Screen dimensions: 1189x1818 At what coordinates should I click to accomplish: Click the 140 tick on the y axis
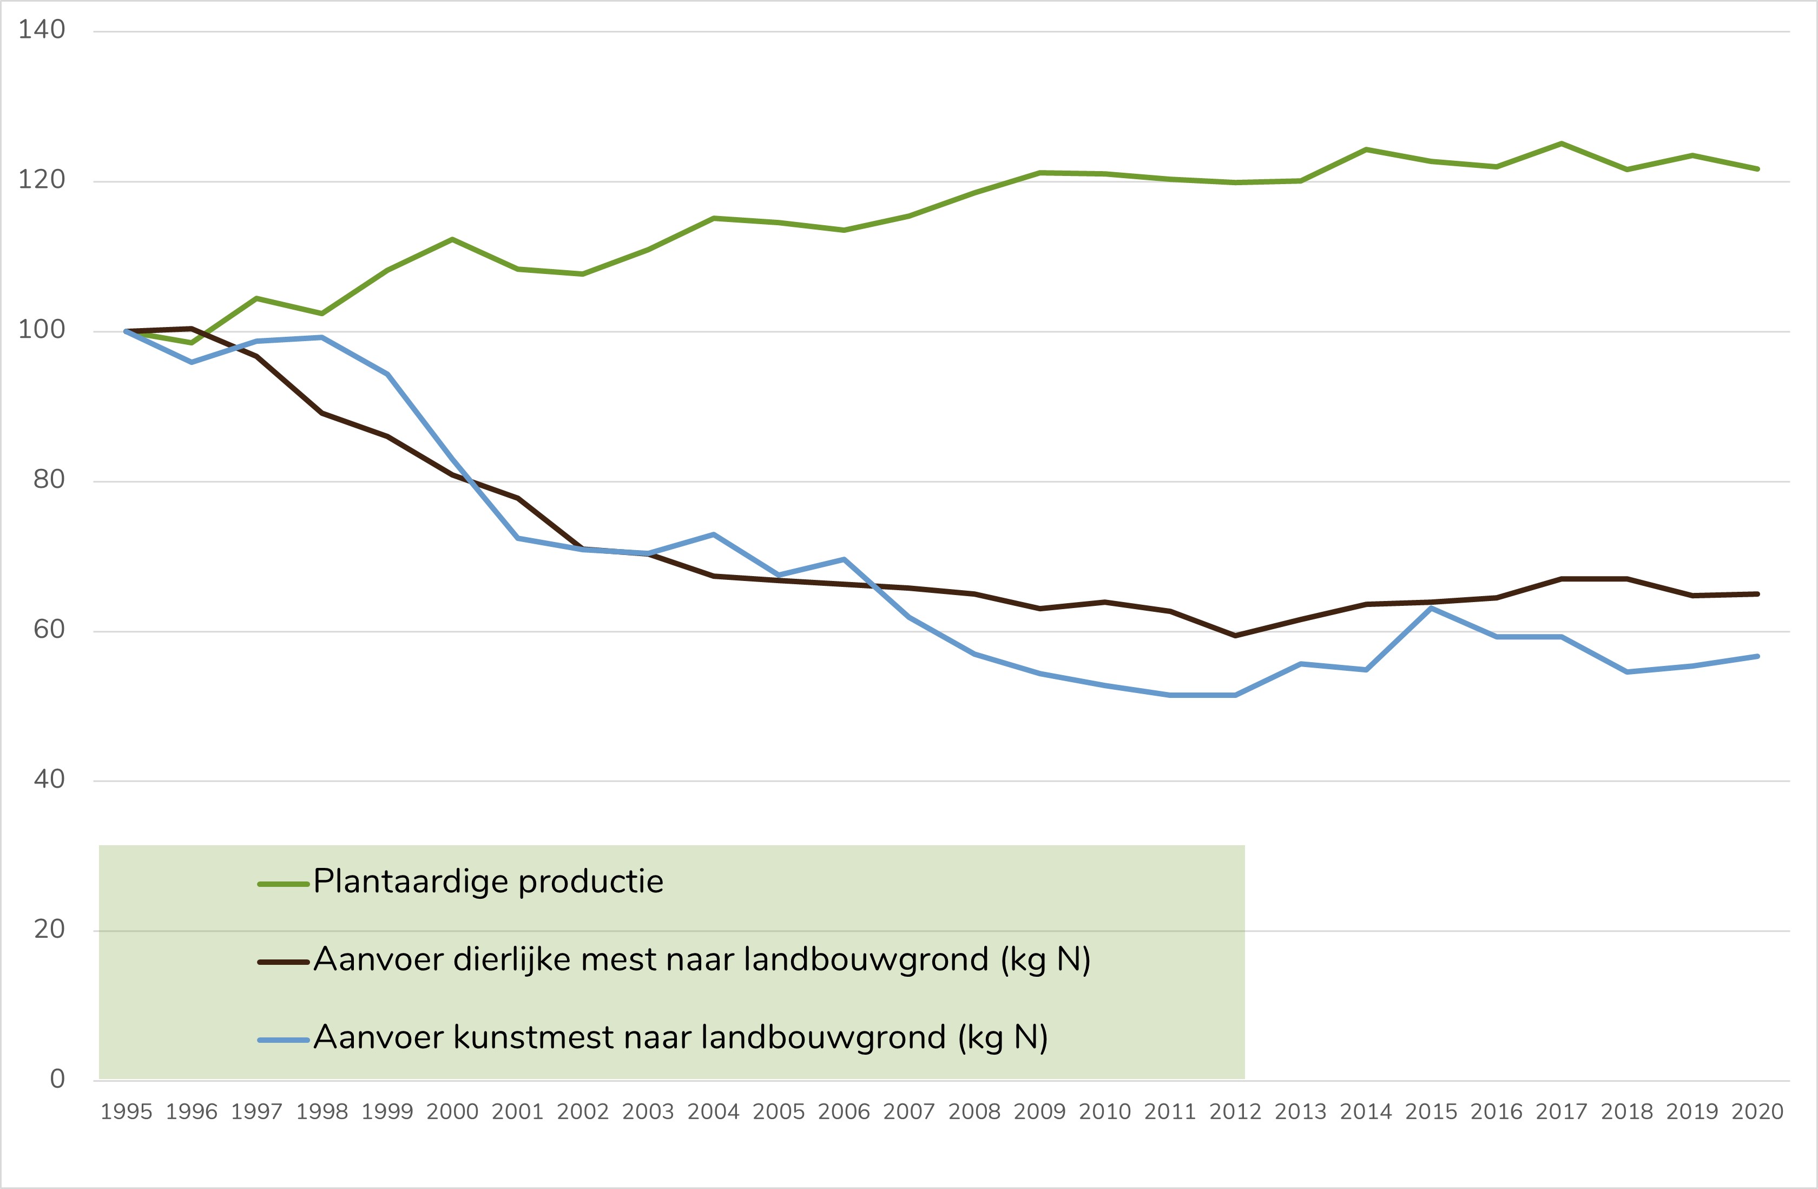[42, 30]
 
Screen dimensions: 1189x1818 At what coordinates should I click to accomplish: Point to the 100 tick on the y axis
[42, 330]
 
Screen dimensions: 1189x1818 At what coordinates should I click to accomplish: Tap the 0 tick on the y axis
[57, 1079]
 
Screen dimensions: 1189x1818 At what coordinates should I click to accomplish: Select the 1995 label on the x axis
[126, 1112]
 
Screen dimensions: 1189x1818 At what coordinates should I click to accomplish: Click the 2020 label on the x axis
[1757, 1112]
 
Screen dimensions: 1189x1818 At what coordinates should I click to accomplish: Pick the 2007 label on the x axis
[909, 1112]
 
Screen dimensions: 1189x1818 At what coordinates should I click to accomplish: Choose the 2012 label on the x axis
[1235, 1112]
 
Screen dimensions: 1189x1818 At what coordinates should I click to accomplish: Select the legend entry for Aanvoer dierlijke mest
[701, 960]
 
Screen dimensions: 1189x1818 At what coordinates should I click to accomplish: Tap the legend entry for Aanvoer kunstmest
[680, 1038]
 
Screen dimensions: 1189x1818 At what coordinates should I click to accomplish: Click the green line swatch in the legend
[284, 885]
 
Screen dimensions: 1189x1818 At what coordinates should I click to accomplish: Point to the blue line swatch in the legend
[284, 1040]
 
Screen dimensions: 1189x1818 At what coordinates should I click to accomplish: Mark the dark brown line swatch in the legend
[284, 962]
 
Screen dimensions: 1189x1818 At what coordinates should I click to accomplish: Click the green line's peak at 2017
[1562, 143]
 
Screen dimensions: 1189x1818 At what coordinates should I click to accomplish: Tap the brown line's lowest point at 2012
[1235, 636]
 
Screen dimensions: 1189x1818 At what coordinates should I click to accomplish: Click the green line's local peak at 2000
[452, 239]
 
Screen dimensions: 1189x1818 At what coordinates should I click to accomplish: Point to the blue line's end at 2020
[1757, 656]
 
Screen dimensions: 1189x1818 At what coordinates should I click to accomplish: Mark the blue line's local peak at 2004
[714, 534]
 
